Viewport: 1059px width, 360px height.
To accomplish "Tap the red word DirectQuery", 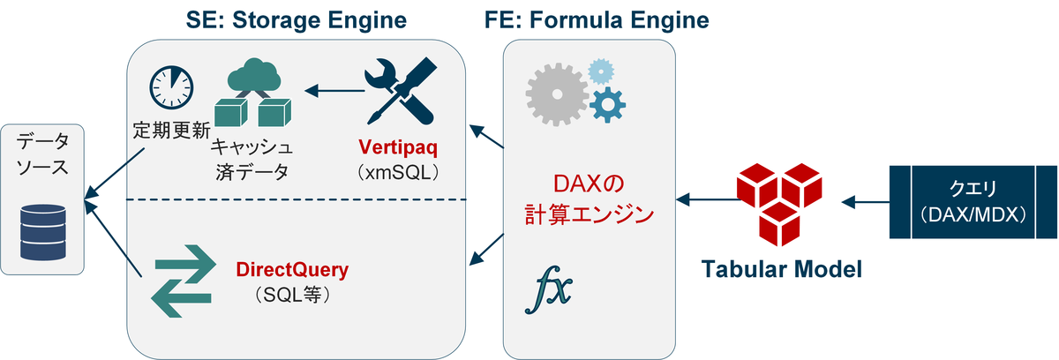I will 292,268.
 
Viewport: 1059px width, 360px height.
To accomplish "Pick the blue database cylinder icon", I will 43,233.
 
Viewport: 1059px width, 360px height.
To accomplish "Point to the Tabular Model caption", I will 780,268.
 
